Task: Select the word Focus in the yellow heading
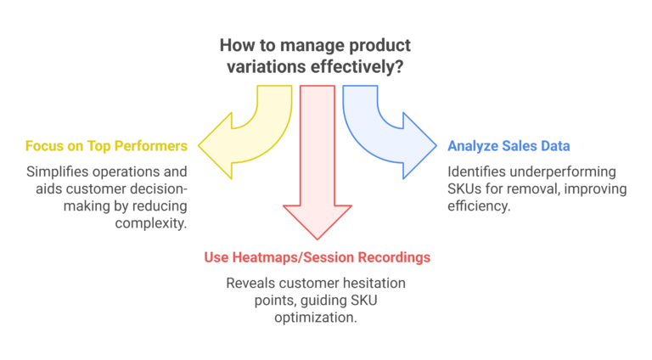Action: [44, 145]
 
